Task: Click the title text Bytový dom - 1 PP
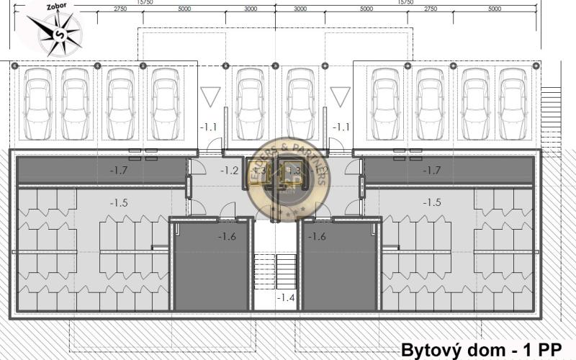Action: pos(481,350)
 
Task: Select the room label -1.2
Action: pos(229,171)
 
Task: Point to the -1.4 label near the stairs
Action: pos(286,297)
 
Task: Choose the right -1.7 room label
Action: pos(431,171)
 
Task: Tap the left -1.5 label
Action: pos(119,203)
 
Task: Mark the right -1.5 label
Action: pos(432,203)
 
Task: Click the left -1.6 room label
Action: pos(227,236)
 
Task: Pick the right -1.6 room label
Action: pos(317,236)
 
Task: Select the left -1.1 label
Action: pos(209,127)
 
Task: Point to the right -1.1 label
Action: pos(341,127)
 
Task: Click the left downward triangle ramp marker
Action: pos(210,96)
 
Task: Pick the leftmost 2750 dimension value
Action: pos(120,9)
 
